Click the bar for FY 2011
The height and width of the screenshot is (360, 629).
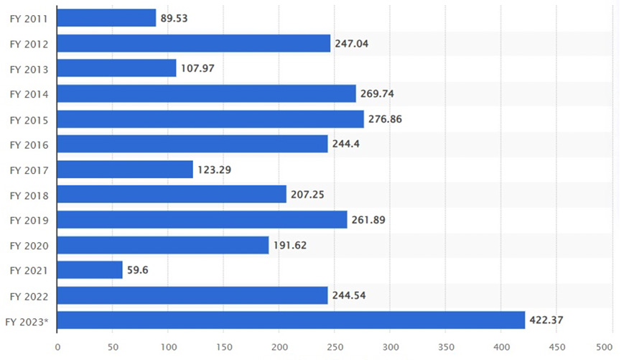[106, 18]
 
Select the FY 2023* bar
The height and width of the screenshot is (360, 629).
[291, 320]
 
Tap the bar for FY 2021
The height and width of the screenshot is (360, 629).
[90, 270]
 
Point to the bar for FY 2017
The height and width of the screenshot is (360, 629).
[125, 170]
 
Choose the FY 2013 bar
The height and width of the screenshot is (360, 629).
[116, 68]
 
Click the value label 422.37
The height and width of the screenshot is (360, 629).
[549, 320]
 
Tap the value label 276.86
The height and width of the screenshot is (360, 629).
[385, 119]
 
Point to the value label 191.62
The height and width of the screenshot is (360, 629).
[291, 245]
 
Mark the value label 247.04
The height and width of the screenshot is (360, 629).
[352, 43]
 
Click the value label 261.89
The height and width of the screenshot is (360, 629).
[368, 220]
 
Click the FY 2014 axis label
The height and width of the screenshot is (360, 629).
[29, 93]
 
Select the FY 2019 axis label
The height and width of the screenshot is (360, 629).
[29, 220]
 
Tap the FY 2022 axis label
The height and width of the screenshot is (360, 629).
[29, 295]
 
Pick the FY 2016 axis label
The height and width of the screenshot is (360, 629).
[29, 144]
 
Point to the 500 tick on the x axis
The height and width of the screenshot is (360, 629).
[612, 346]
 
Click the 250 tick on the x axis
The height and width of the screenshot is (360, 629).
[335, 346]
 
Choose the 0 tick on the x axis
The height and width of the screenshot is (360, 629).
[57, 346]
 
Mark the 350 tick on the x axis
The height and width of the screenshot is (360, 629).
[446, 346]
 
